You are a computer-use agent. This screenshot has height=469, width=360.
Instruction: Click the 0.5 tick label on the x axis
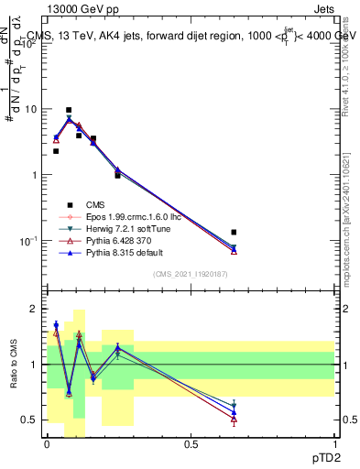click(191, 443)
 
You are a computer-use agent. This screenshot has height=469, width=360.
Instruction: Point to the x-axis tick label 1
click(333, 443)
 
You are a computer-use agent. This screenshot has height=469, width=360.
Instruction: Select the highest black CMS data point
click(69, 110)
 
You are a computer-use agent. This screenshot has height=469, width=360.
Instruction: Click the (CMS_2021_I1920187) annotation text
click(190, 274)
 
